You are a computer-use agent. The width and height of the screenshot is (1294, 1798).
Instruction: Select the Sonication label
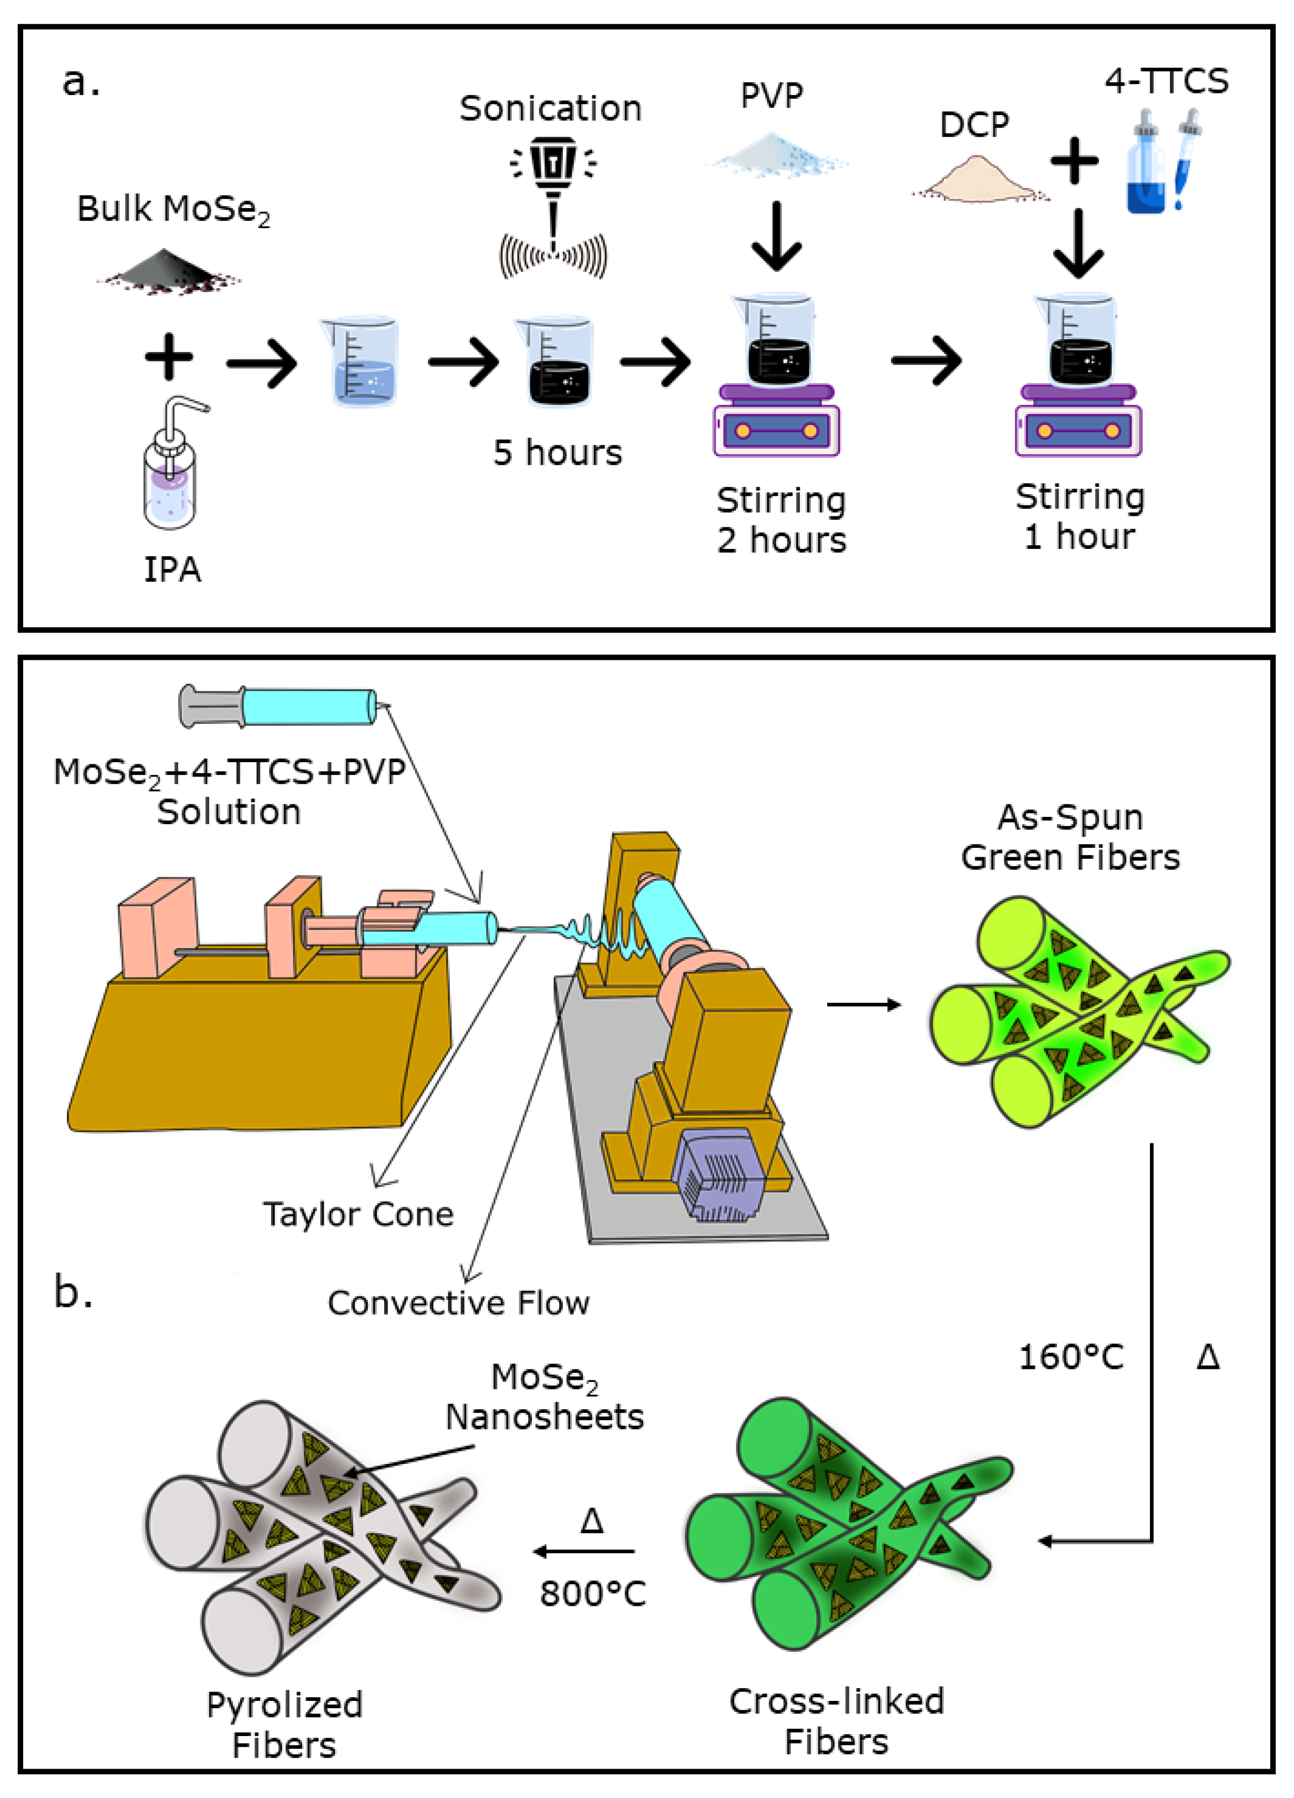(x=550, y=108)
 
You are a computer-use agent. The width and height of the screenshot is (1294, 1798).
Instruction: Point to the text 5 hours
(x=557, y=453)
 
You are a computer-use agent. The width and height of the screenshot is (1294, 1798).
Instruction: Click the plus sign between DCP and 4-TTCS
(x=1075, y=161)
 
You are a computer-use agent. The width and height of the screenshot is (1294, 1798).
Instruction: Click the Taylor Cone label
(x=358, y=1215)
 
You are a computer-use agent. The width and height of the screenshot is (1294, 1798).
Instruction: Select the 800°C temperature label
(x=592, y=1594)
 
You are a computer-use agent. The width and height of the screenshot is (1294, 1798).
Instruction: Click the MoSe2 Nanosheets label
(x=545, y=1397)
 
